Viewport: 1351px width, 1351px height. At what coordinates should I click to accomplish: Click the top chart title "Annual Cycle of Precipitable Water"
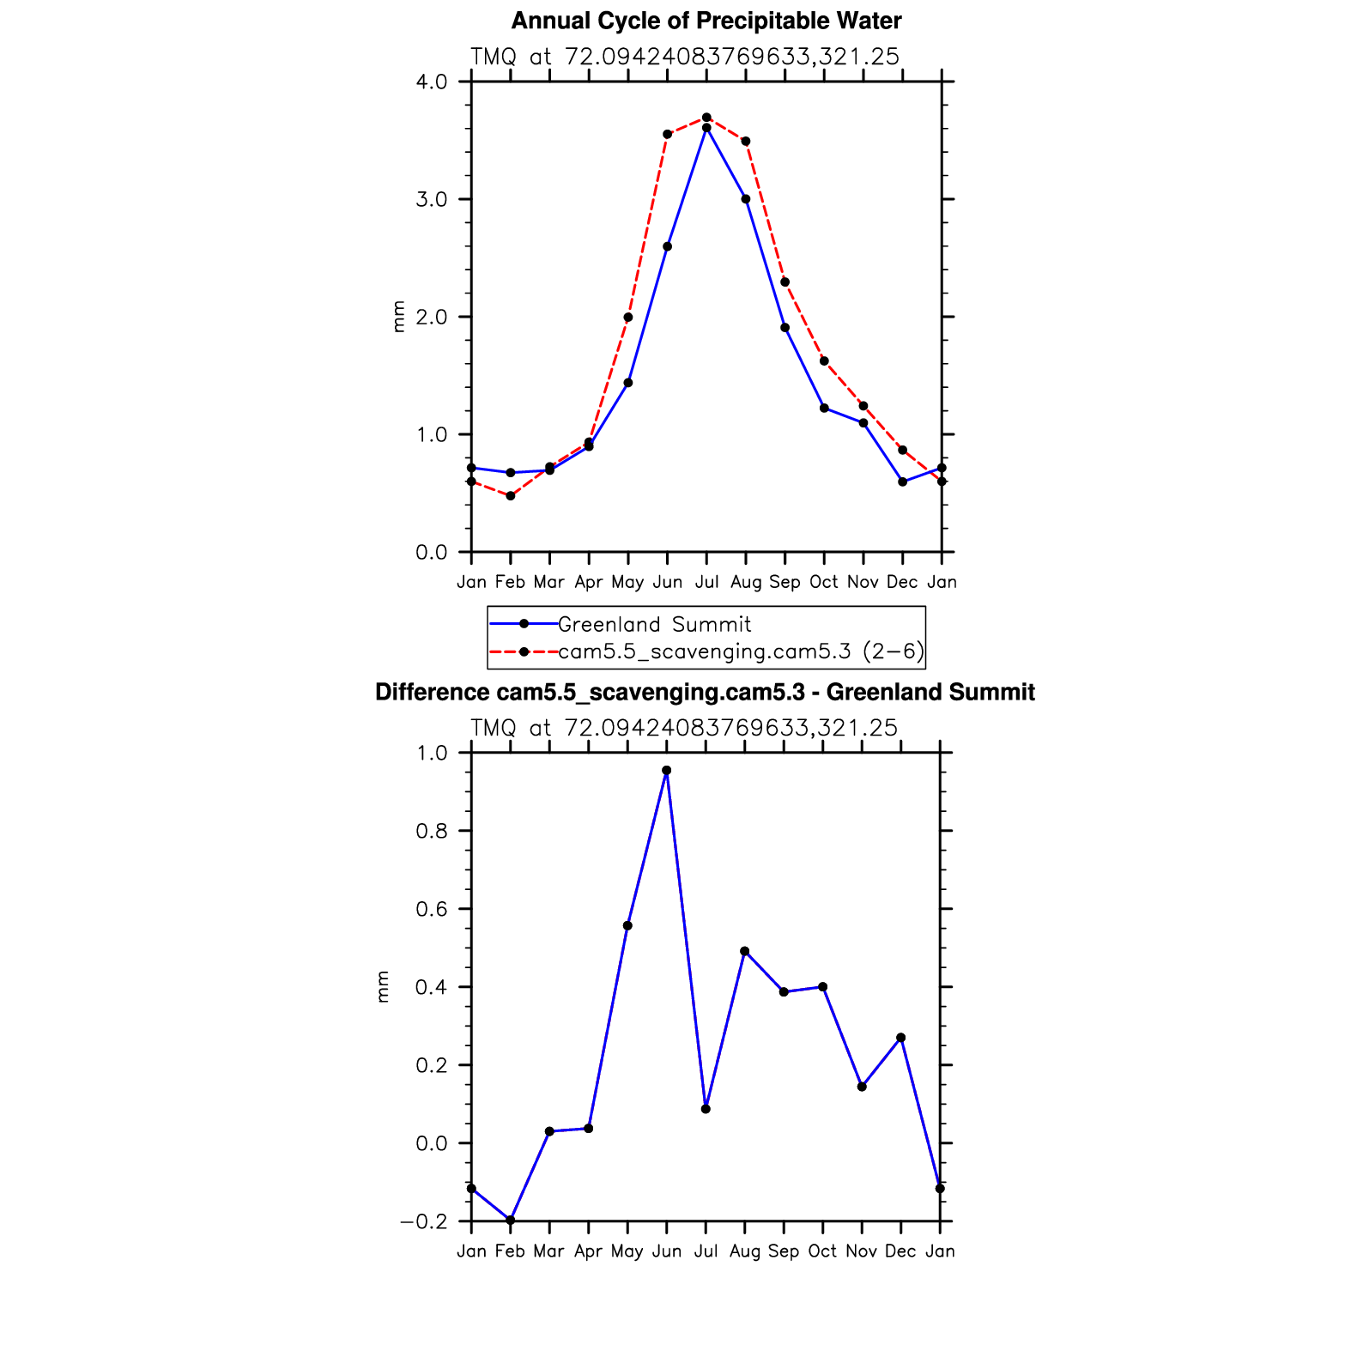pos(706,21)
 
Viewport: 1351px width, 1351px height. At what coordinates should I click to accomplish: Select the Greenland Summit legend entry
pos(654,624)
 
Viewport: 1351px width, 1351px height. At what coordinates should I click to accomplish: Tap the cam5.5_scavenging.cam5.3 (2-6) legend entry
pos(741,652)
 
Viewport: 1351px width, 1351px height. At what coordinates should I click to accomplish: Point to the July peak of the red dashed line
pos(706,117)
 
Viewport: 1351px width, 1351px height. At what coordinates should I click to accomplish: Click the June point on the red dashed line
pos(667,134)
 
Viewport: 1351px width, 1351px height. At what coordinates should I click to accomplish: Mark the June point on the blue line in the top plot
pos(667,246)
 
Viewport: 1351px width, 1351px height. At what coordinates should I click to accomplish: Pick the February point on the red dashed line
pos(511,495)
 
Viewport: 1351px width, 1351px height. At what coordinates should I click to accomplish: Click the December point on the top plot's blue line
pos(902,482)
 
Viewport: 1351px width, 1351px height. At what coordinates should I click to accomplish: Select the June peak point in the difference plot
pos(667,771)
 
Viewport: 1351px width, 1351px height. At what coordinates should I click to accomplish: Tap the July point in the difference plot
pos(706,1109)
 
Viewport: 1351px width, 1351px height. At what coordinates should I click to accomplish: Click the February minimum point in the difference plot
pos(511,1220)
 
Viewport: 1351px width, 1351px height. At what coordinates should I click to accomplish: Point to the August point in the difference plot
pos(744,951)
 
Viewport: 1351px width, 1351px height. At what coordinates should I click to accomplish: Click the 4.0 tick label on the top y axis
pos(432,82)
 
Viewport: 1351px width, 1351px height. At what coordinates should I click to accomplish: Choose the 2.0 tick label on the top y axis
pos(432,317)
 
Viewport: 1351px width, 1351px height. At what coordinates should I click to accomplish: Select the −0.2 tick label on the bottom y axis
pos(424,1221)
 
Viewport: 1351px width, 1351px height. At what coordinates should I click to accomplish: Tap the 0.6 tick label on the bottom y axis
pos(432,909)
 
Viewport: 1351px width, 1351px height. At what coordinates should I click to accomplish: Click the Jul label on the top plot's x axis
pos(706,582)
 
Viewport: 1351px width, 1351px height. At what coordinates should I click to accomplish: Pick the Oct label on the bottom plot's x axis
pos(822,1251)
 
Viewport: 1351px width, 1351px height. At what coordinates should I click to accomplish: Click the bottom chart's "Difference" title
pos(705,692)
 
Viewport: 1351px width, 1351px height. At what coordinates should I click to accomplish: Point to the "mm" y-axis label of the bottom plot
pos(383,986)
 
